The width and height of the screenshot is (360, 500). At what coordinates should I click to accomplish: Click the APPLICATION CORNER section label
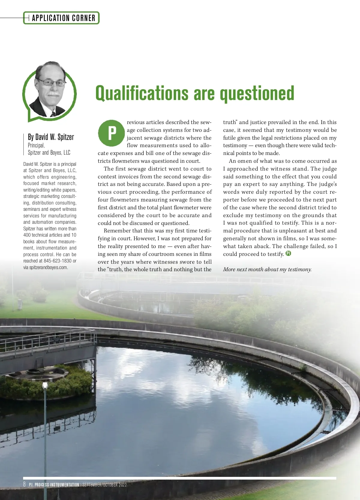click(63, 18)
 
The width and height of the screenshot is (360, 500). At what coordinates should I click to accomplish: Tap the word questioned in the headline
click(257, 94)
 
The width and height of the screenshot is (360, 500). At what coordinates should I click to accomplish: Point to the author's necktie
click(53, 114)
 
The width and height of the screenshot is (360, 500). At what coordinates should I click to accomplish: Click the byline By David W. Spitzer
click(51, 137)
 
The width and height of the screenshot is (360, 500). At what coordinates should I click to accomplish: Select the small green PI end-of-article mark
click(288, 253)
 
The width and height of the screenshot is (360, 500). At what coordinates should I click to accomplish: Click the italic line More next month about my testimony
click(267, 269)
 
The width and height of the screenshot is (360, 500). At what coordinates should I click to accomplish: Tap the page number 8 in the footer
click(25, 484)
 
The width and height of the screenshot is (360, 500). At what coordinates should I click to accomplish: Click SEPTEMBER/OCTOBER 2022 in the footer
click(104, 485)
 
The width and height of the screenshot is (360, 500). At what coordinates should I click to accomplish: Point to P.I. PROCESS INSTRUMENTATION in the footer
click(54, 485)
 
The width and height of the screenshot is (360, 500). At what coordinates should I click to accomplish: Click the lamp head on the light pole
click(45, 385)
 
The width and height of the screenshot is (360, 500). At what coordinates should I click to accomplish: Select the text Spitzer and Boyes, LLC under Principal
click(49, 153)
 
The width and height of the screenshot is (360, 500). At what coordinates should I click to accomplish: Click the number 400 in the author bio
click(27, 235)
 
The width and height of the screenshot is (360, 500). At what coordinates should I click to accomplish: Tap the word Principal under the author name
click(36, 145)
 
